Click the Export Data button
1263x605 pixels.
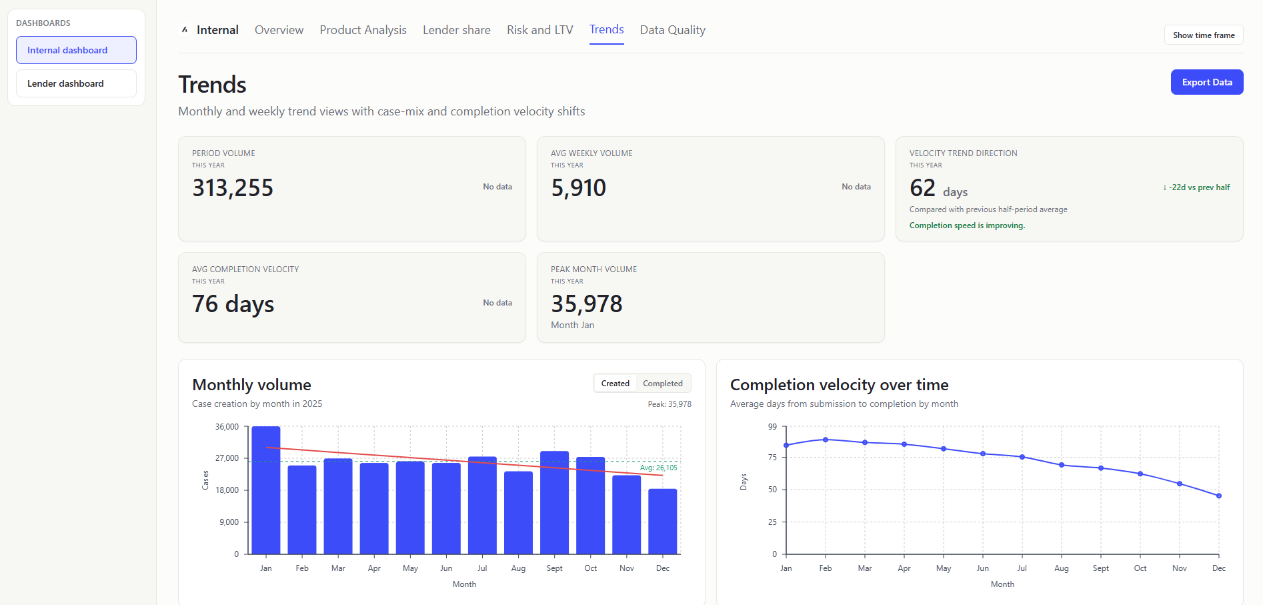(1206, 82)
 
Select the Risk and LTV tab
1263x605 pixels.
(539, 30)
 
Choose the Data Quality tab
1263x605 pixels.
(672, 30)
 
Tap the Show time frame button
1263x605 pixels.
(1203, 35)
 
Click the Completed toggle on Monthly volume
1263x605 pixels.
(662, 384)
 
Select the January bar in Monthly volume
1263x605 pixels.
(266, 490)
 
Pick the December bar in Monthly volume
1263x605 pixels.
(662, 521)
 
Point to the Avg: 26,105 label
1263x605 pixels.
(658, 468)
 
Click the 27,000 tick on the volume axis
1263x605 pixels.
(227, 458)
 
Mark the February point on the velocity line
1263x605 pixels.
(826, 440)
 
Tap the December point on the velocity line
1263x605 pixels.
(1218, 496)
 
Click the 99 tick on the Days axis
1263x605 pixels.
(772, 427)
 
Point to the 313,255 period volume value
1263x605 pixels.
(233, 188)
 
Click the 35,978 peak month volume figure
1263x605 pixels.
(586, 304)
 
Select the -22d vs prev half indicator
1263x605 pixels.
(1196, 187)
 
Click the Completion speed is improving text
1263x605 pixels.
(967, 225)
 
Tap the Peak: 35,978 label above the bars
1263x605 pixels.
(669, 404)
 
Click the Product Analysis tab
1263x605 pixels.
(363, 30)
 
